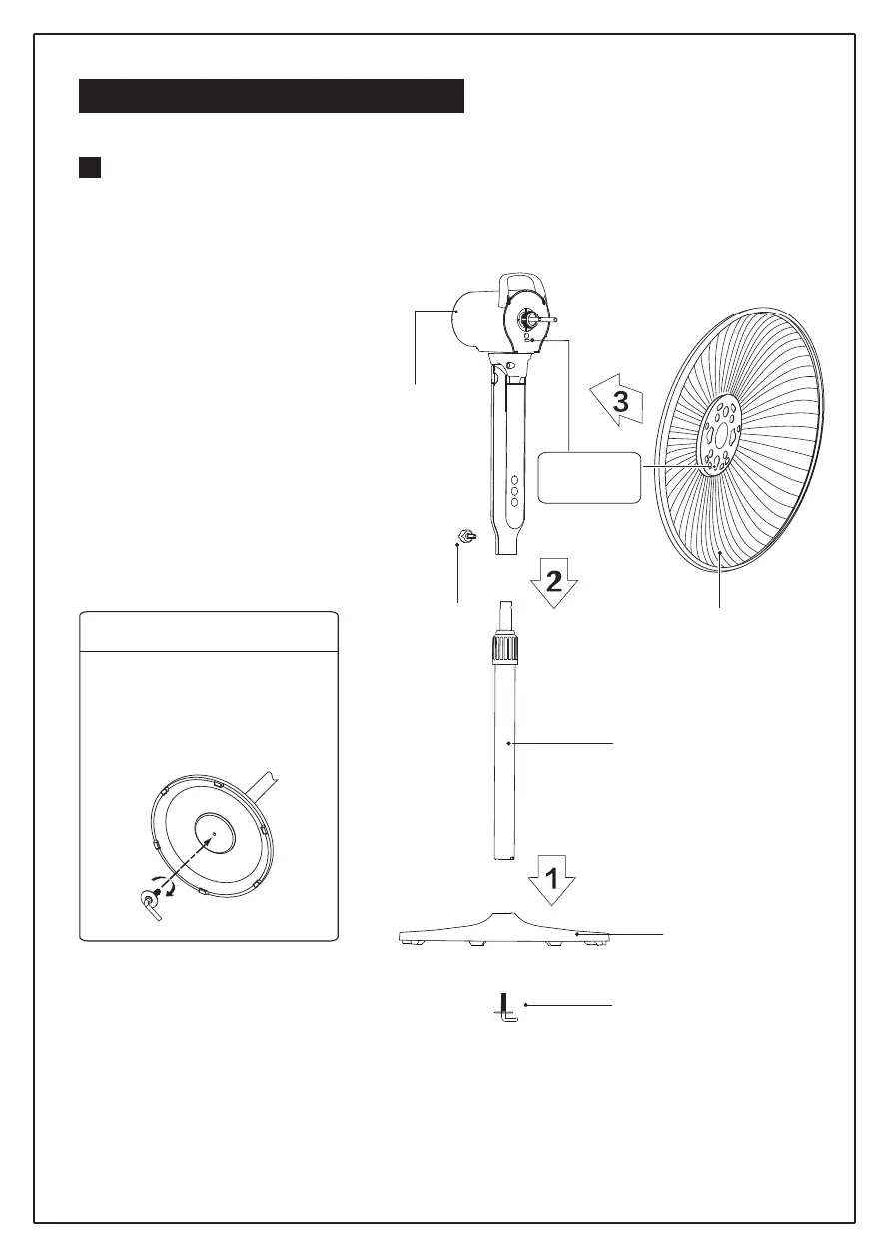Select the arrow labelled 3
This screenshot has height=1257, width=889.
[x=616, y=403]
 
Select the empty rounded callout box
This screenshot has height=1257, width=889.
[x=589, y=478]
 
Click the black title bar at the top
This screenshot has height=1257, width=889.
[x=272, y=96]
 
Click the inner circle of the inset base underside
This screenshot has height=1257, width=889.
[x=214, y=831]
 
